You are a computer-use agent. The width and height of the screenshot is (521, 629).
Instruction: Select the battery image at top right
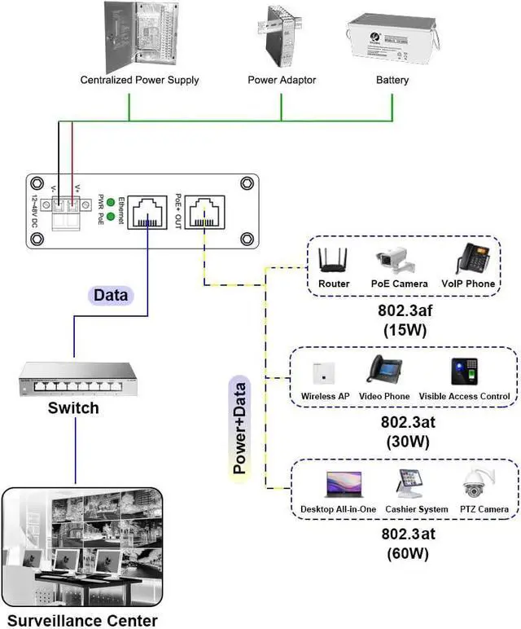pos(393,42)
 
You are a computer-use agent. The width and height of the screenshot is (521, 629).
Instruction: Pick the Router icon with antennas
pos(334,261)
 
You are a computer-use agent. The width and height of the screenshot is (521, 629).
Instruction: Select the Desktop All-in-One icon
pos(337,486)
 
